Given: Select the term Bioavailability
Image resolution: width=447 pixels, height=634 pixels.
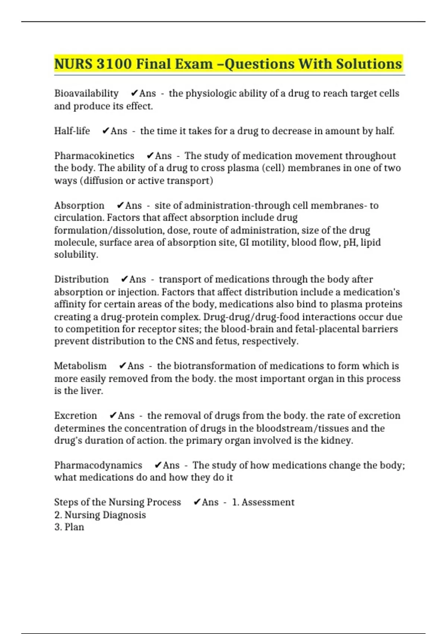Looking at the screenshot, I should click(x=86, y=93).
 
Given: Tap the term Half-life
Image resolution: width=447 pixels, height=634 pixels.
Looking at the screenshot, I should click(x=72, y=131).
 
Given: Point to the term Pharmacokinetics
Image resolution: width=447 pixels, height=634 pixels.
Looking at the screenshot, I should click(x=94, y=156).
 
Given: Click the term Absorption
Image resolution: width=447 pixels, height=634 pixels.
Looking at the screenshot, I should click(x=79, y=205).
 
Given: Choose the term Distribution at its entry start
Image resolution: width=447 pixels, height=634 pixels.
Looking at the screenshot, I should click(x=82, y=279).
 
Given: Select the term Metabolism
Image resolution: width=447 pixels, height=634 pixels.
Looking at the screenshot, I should click(x=80, y=366).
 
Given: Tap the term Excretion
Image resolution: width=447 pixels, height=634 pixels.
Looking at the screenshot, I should click(x=76, y=415).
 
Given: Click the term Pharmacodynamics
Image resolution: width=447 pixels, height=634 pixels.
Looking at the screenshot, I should click(x=98, y=465).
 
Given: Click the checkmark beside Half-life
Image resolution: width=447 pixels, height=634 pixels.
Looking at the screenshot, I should click(x=106, y=131).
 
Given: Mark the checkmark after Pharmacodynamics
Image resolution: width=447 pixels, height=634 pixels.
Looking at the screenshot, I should click(x=158, y=465).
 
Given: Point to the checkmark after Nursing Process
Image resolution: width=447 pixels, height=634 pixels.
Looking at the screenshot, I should click(x=197, y=502).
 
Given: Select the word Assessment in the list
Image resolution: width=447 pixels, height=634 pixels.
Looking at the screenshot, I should click(x=268, y=502).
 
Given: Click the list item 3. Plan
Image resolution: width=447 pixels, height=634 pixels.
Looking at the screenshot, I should click(x=69, y=527).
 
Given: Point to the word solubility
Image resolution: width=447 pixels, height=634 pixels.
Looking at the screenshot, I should click(x=76, y=255).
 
